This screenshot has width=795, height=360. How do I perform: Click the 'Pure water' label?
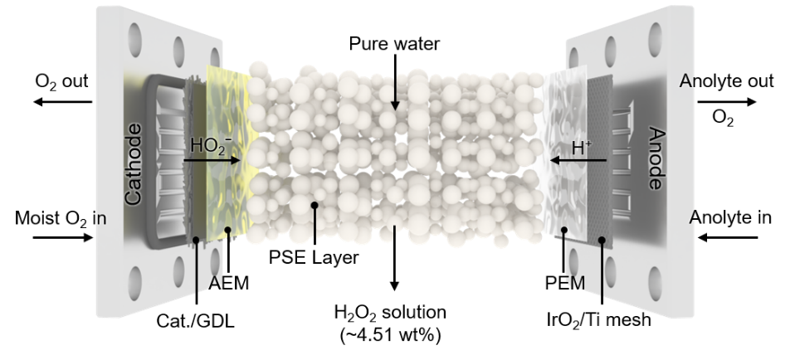[394, 44]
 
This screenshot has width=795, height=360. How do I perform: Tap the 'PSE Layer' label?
[314, 257]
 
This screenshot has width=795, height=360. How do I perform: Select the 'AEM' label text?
[229, 283]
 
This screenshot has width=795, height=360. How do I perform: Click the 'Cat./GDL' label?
[196, 320]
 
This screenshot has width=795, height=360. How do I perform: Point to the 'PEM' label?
[565, 283]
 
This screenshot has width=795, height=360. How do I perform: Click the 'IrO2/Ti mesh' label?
[599, 320]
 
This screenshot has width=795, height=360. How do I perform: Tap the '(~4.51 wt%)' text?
[390, 335]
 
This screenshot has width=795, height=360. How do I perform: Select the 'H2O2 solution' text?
[390, 313]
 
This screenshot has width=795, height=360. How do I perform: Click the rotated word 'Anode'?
[656, 158]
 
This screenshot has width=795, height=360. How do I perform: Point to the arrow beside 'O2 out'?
[63, 102]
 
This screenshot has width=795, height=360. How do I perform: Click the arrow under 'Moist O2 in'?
[63, 236]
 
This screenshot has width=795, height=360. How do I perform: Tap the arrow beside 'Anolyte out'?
[727, 102]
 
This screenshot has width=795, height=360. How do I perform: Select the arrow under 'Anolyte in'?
[728, 236]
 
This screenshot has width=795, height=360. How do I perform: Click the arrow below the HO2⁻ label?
[212, 160]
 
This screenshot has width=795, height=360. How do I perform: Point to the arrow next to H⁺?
[578, 160]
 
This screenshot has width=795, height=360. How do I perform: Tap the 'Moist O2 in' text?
[61, 218]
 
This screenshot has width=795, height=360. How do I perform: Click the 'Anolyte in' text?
[730, 217]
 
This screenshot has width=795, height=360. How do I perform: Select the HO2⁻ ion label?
[212, 145]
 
